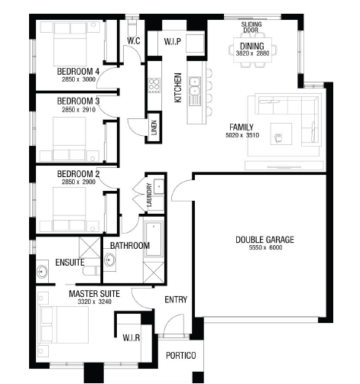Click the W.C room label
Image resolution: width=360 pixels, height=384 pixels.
point(134,41)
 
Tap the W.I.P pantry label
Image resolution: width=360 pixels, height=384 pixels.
point(173,41)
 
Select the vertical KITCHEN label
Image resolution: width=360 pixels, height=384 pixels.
point(178,88)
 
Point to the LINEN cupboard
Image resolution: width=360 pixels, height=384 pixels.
point(154,127)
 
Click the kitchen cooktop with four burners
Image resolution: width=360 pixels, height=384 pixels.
point(154,86)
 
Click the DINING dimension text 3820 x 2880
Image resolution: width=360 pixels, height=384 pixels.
point(252,53)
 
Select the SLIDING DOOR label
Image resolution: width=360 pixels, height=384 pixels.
point(251,27)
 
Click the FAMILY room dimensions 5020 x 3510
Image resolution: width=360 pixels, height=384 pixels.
point(242,135)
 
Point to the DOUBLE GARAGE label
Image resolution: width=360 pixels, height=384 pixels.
point(264,240)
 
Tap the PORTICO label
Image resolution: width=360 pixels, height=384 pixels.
point(181,356)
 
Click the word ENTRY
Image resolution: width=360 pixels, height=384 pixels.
point(176,299)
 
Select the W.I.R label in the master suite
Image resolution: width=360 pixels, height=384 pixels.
point(131,338)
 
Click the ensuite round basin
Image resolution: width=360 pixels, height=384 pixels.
point(42,272)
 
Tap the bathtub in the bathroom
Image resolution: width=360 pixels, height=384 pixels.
point(154,239)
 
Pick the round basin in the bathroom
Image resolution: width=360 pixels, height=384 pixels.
point(110,260)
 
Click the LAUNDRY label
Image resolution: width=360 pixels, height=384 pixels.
point(149,195)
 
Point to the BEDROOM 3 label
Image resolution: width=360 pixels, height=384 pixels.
point(78,101)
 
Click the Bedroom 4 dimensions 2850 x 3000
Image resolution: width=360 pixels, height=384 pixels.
point(79,79)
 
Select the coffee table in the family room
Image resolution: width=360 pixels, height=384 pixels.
point(281,134)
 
